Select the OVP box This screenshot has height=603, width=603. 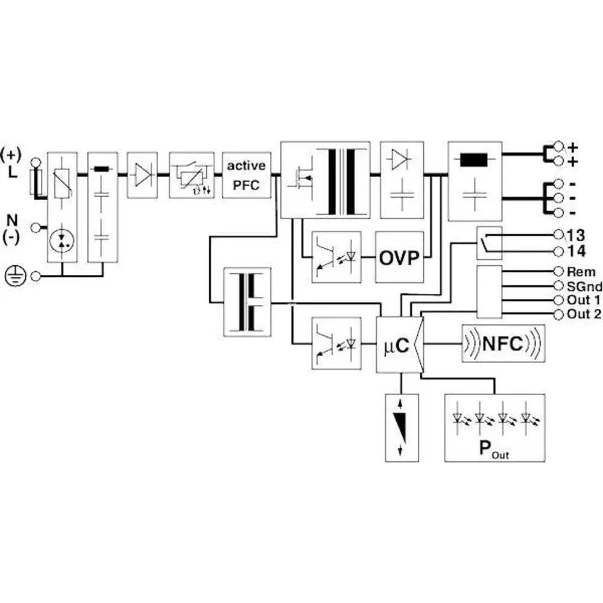pos(399,257)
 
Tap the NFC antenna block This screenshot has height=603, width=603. pos(503,344)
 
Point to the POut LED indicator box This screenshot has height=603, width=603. pos(494,428)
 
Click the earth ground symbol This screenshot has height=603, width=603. pos(13,276)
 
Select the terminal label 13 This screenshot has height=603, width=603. pos(576,235)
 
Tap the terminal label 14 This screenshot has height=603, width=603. pos(576,250)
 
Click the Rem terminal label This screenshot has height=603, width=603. pos(581,272)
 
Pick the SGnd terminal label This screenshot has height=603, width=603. pos(584,286)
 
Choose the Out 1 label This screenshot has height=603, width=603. pos(583,300)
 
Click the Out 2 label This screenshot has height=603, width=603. pos(583,314)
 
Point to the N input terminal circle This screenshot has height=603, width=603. pos(36,227)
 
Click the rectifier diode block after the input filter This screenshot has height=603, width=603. pos(142,175)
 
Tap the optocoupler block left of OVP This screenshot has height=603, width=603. pos(336,257)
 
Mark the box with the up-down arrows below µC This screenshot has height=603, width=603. pos(402,428)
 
